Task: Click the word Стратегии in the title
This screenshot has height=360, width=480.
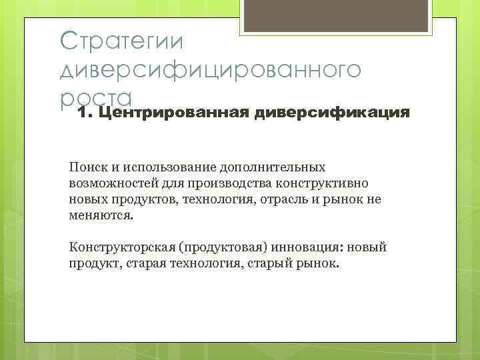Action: point(119,41)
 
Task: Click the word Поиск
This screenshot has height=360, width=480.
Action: point(85,167)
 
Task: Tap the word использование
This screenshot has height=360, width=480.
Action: point(151,167)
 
